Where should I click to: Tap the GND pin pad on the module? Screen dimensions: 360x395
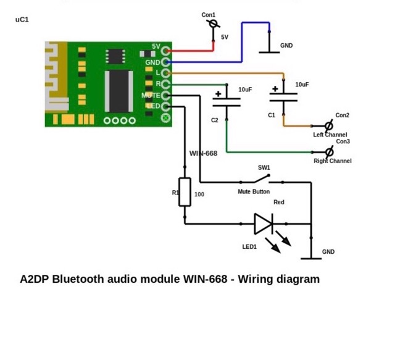click(165, 62)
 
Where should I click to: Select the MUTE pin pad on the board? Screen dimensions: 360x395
click(165, 96)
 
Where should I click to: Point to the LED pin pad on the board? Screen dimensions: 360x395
click(165, 106)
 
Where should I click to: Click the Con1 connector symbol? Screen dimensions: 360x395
click(213, 24)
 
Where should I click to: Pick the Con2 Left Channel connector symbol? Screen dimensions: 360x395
click(329, 126)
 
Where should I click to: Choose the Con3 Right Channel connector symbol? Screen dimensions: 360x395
click(329, 152)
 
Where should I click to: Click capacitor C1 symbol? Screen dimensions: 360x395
click(283, 96)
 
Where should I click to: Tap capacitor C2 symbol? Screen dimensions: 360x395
click(227, 101)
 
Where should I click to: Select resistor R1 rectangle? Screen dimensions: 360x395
click(185, 192)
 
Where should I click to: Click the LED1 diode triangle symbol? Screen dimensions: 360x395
click(264, 224)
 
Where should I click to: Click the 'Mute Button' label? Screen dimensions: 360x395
click(254, 192)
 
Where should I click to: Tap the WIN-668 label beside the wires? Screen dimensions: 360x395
click(203, 153)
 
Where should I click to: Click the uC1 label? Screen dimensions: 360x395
click(22, 20)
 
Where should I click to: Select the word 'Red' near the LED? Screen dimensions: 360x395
click(279, 203)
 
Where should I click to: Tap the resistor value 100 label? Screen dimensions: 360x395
click(199, 195)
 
